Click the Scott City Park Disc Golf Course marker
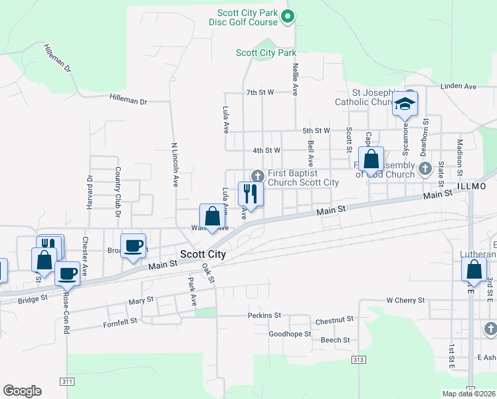tap(287, 17)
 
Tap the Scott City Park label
tap(266, 53)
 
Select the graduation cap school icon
tap(404, 104)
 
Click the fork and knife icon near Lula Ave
tap(250, 194)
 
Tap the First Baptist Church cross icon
tap(257, 176)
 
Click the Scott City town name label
tap(203, 254)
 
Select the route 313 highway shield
tap(359, 359)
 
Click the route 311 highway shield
tap(67, 382)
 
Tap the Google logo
tap(22, 391)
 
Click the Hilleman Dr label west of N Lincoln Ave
tap(128, 100)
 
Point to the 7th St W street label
tap(260, 92)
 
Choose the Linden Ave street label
tap(460, 86)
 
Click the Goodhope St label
tap(290, 334)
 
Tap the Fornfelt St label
tap(120, 321)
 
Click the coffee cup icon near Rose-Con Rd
tap(68, 273)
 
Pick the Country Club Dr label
tap(118, 192)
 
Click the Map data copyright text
tap(469, 394)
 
